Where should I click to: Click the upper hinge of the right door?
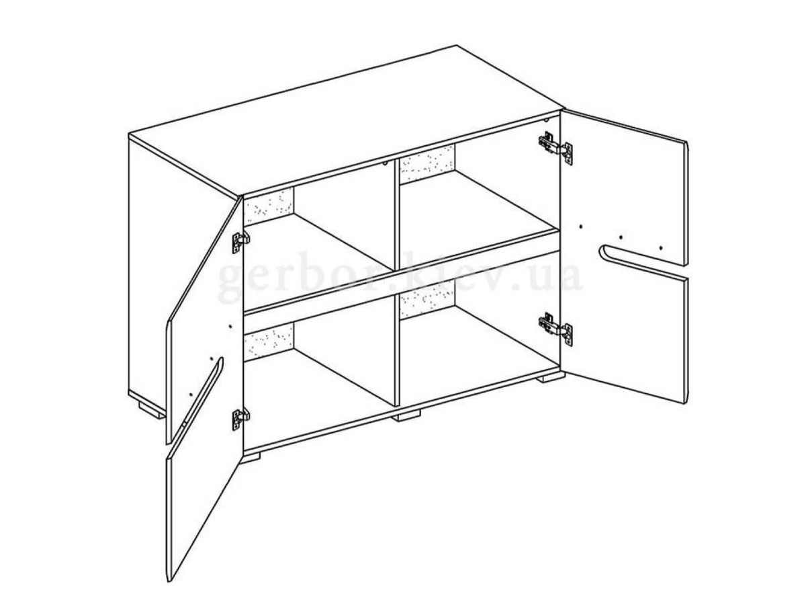555,148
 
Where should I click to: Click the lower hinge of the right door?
555,329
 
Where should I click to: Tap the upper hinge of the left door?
240,243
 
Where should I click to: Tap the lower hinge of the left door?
240,419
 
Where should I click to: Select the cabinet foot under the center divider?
406,415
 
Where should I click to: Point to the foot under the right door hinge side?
550,378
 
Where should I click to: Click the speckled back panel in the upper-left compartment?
269,206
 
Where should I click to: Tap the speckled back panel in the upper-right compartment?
427,164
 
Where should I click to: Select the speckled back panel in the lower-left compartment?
269,341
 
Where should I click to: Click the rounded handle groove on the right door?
643,264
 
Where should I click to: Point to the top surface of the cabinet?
345,121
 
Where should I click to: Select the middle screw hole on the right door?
620,237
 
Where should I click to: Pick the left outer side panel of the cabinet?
183,257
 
